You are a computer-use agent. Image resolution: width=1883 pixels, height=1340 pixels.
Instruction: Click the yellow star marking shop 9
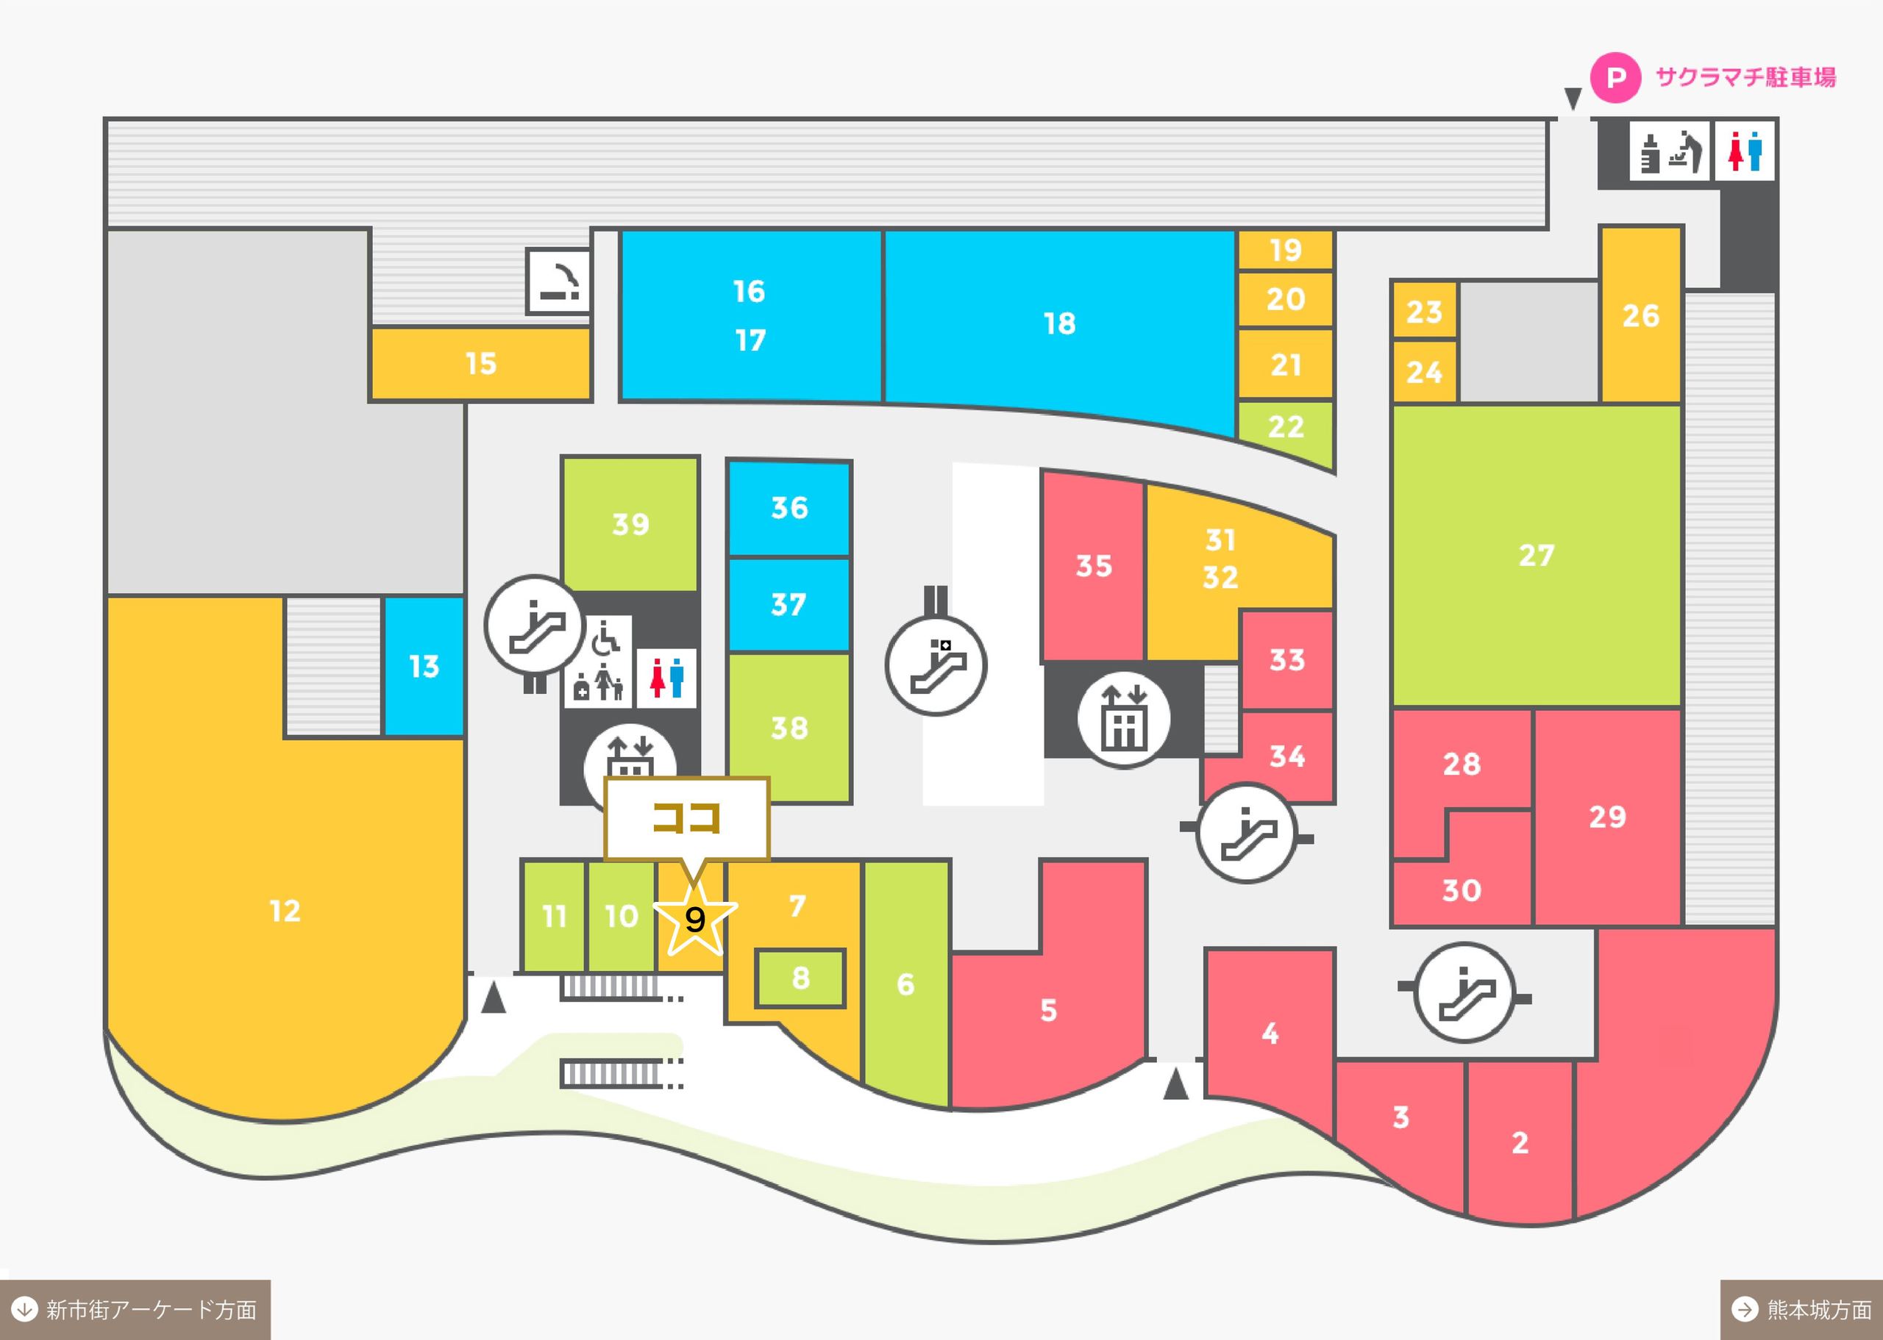tap(695, 917)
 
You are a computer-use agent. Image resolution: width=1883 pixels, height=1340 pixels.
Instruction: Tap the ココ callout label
tap(687, 819)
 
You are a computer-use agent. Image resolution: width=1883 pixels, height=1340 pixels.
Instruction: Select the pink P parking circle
tap(1615, 79)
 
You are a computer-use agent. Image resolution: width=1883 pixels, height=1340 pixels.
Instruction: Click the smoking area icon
tap(559, 282)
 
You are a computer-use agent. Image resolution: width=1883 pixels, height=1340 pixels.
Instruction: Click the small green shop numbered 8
tap(801, 978)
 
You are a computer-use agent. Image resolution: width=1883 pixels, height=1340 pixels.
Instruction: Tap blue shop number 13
tap(424, 666)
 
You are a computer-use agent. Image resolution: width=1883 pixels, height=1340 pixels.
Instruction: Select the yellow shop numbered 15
tap(481, 364)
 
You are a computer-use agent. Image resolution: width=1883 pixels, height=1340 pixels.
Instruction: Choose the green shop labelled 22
tap(1285, 430)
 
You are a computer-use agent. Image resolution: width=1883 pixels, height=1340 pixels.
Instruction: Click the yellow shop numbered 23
tap(1424, 311)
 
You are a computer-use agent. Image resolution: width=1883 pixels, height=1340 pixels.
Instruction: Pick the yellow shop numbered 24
tap(1424, 372)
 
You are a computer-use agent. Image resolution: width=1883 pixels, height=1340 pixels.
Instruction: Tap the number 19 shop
tap(1285, 250)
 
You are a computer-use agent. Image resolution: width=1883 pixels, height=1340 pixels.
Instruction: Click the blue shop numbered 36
tap(789, 508)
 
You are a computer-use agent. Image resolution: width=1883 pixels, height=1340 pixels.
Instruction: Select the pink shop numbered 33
tap(1287, 660)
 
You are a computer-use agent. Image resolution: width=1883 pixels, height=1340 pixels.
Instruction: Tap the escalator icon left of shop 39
tap(535, 626)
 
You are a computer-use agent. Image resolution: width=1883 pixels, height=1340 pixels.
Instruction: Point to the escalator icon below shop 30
tap(1464, 992)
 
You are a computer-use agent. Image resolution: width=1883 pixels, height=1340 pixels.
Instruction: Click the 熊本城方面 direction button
tap(1801, 1309)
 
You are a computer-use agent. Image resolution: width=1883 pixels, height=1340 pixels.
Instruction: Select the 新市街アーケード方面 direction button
tap(135, 1309)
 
